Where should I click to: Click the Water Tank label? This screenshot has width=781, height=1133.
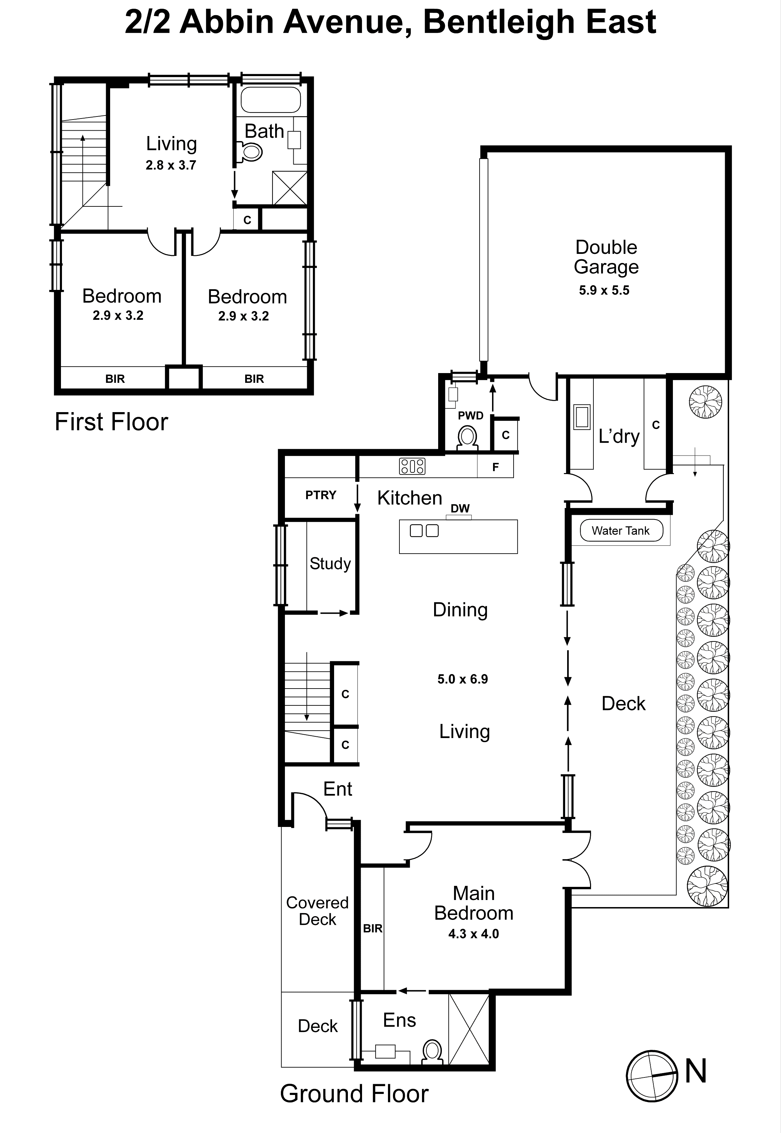click(x=620, y=531)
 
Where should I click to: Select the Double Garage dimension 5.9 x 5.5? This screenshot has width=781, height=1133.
click(x=604, y=291)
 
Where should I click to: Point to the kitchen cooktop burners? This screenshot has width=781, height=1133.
click(x=412, y=466)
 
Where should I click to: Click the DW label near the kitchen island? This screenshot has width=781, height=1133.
click(x=460, y=509)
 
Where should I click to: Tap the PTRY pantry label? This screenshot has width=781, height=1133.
click(x=321, y=495)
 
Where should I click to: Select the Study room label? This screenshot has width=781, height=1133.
click(x=330, y=564)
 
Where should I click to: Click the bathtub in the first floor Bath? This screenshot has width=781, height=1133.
click(x=271, y=100)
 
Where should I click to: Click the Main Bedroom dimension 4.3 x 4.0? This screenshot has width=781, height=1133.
click(x=473, y=934)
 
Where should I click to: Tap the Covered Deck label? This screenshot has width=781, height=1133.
click(x=317, y=911)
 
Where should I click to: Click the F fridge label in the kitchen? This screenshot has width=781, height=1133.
click(x=495, y=468)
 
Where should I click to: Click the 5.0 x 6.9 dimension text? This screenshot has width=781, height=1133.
click(x=462, y=679)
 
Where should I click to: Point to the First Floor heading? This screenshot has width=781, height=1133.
click(x=111, y=422)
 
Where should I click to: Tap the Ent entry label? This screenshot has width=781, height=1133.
click(x=338, y=789)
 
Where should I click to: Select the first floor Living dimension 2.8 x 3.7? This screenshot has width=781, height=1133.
click(x=171, y=165)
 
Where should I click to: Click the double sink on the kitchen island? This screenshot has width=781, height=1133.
click(x=424, y=531)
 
